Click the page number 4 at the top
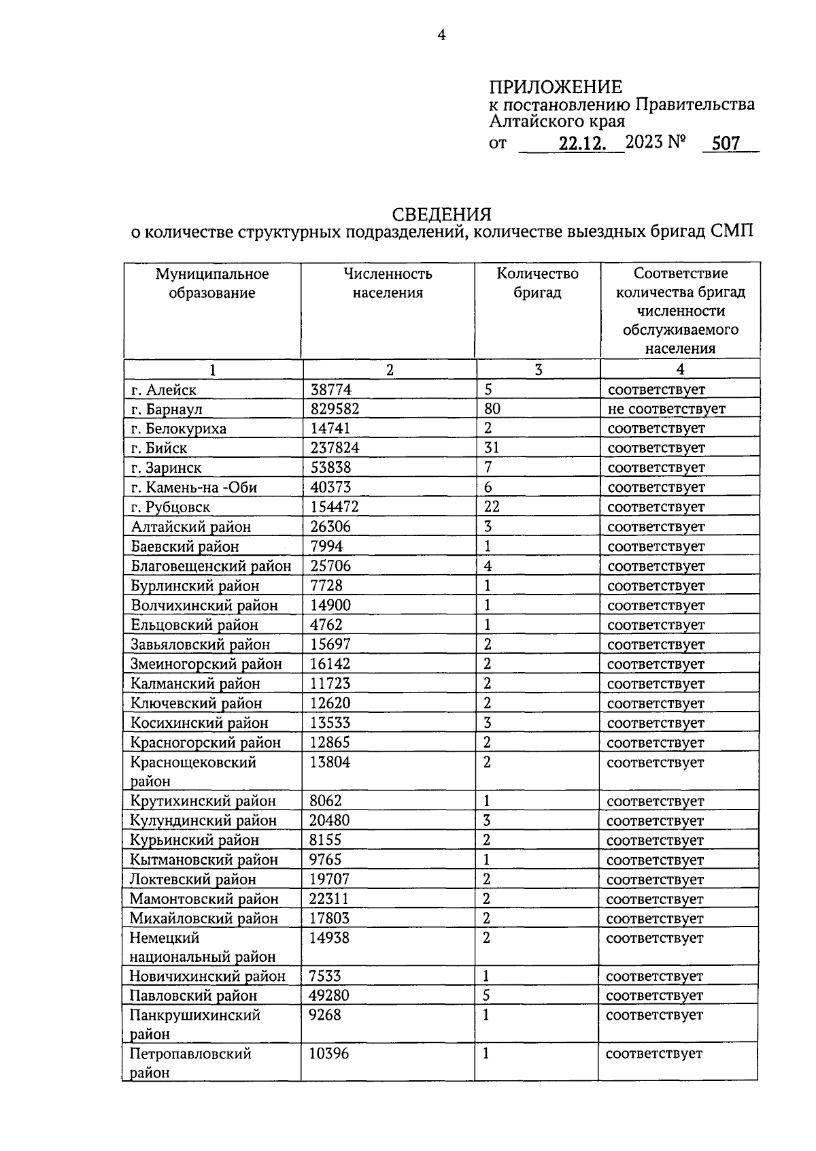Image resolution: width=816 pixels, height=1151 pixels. (441, 35)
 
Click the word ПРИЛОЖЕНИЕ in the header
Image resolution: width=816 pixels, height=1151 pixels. (555, 87)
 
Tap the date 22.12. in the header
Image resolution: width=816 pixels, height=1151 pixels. (582, 144)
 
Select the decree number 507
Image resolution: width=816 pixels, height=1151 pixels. (726, 144)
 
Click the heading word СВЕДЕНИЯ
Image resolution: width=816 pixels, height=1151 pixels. (442, 214)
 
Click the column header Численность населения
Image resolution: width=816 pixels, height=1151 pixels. (388, 283)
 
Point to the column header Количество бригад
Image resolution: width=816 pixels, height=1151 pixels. (537, 283)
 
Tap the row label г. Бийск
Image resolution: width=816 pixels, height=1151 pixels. (159, 448)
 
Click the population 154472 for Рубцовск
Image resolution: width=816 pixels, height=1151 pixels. (334, 507)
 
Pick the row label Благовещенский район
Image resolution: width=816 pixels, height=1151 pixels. (211, 566)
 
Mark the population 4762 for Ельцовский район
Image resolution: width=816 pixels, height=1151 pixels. (326, 624)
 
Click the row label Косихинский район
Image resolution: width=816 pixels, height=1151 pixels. (199, 723)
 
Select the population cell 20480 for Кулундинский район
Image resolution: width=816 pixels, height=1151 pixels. (329, 820)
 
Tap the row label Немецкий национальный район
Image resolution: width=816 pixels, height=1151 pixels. (202, 948)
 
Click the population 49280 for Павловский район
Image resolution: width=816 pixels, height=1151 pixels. (329, 996)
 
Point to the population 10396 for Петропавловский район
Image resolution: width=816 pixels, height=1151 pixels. (329, 1054)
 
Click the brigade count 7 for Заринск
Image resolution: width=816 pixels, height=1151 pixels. (488, 468)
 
